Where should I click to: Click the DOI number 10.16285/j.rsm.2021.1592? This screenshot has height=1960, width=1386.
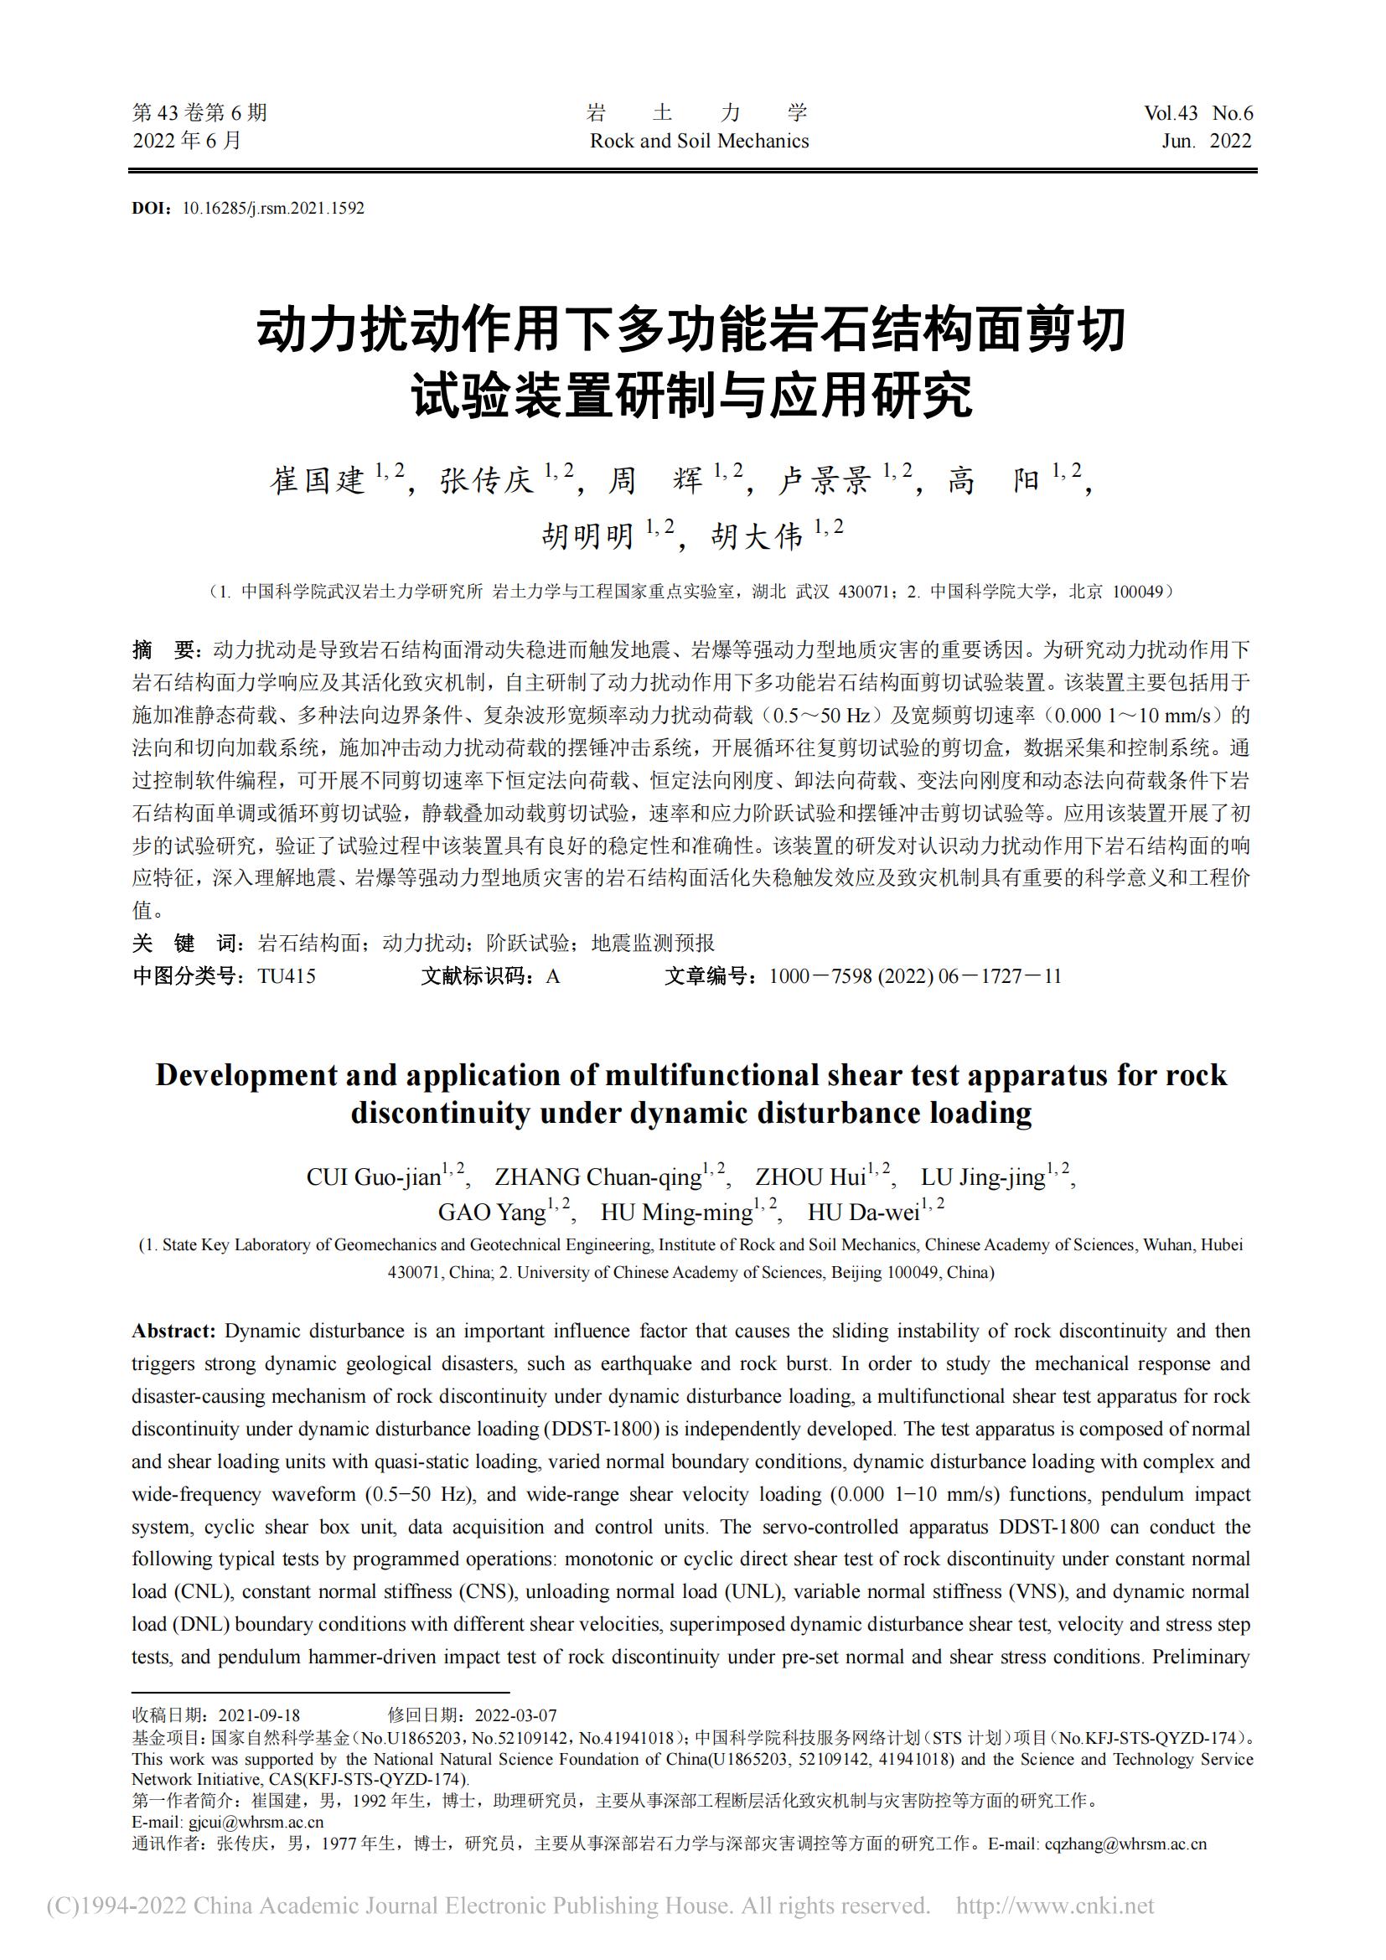[273, 209]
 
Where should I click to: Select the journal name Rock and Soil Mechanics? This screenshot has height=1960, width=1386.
[699, 142]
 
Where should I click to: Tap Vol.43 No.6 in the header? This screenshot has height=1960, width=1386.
[1198, 113]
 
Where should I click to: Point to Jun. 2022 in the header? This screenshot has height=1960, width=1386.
[1206, 142]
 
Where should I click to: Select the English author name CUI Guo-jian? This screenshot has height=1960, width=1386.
[373, 1178]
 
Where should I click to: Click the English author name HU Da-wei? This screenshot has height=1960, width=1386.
[864, 1213]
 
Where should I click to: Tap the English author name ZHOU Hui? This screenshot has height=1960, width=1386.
[811, 1178]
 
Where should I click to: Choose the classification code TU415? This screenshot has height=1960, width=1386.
[287, 976]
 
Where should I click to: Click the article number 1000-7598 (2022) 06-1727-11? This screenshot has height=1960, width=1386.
[915, 976]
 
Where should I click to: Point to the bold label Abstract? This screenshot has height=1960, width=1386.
[174, 1331]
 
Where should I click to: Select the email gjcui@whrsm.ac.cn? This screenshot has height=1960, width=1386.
[256, 1822]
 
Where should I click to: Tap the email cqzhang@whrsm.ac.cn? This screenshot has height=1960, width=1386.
[1125, 1843]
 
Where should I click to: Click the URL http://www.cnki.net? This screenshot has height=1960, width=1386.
[1055, 1906]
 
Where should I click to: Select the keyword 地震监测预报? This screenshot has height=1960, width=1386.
[653, 944]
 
